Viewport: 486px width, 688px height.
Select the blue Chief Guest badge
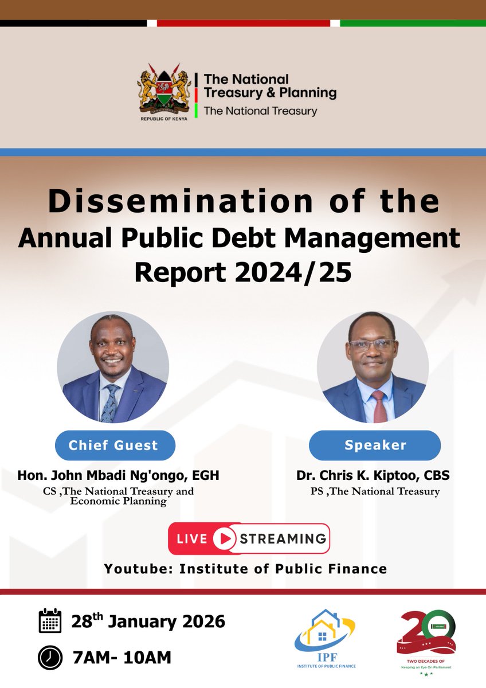pyautogui.click(x=113, y=445)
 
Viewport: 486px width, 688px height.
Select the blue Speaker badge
pyautogui.click(x=375, y=445)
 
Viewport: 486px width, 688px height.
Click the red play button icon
pyautogui.click(x=224, y=538)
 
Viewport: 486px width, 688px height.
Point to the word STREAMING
pyautogui.click(x=283, y=539)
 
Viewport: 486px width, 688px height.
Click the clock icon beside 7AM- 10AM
pyautogui.click(x=50, y=657)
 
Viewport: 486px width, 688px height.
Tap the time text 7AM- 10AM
pyautogui.click(x=121, y=657)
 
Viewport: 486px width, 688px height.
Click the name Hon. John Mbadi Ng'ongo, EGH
pyautogui.click(x=118, y=475)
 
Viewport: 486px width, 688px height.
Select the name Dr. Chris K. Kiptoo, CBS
pyautogui.click(x=373, y=475)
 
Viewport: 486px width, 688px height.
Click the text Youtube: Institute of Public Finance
pyautogui.click(x=245, y=569)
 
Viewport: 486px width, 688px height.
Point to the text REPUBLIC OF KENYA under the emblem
pyautogui.click(x=164, y=121)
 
